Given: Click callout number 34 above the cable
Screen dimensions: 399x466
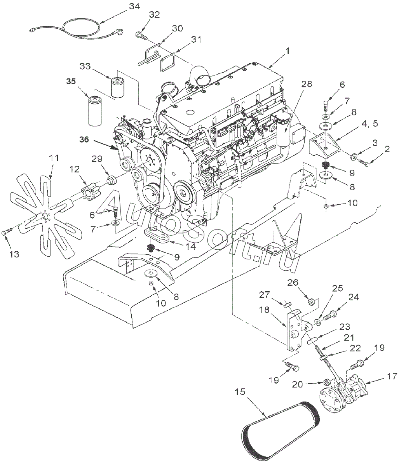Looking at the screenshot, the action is pyautogui.click(x=134, y=7).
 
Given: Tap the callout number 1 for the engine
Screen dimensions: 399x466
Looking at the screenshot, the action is pyautogui.click(x=287, y=51).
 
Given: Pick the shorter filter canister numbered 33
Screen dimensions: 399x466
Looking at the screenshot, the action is pyautogui.click(x=118, y=87).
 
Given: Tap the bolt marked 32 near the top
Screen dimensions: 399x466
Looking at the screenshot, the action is pyautogui.click(x=141, y=36).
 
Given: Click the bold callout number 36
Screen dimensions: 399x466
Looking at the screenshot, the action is pyautogui.click(x=84, y=140).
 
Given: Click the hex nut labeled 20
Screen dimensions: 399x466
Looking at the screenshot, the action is pyautogui.click(x=326, y=382).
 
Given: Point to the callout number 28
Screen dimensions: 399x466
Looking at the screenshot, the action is pyautogui.click(x=307, y=84).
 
